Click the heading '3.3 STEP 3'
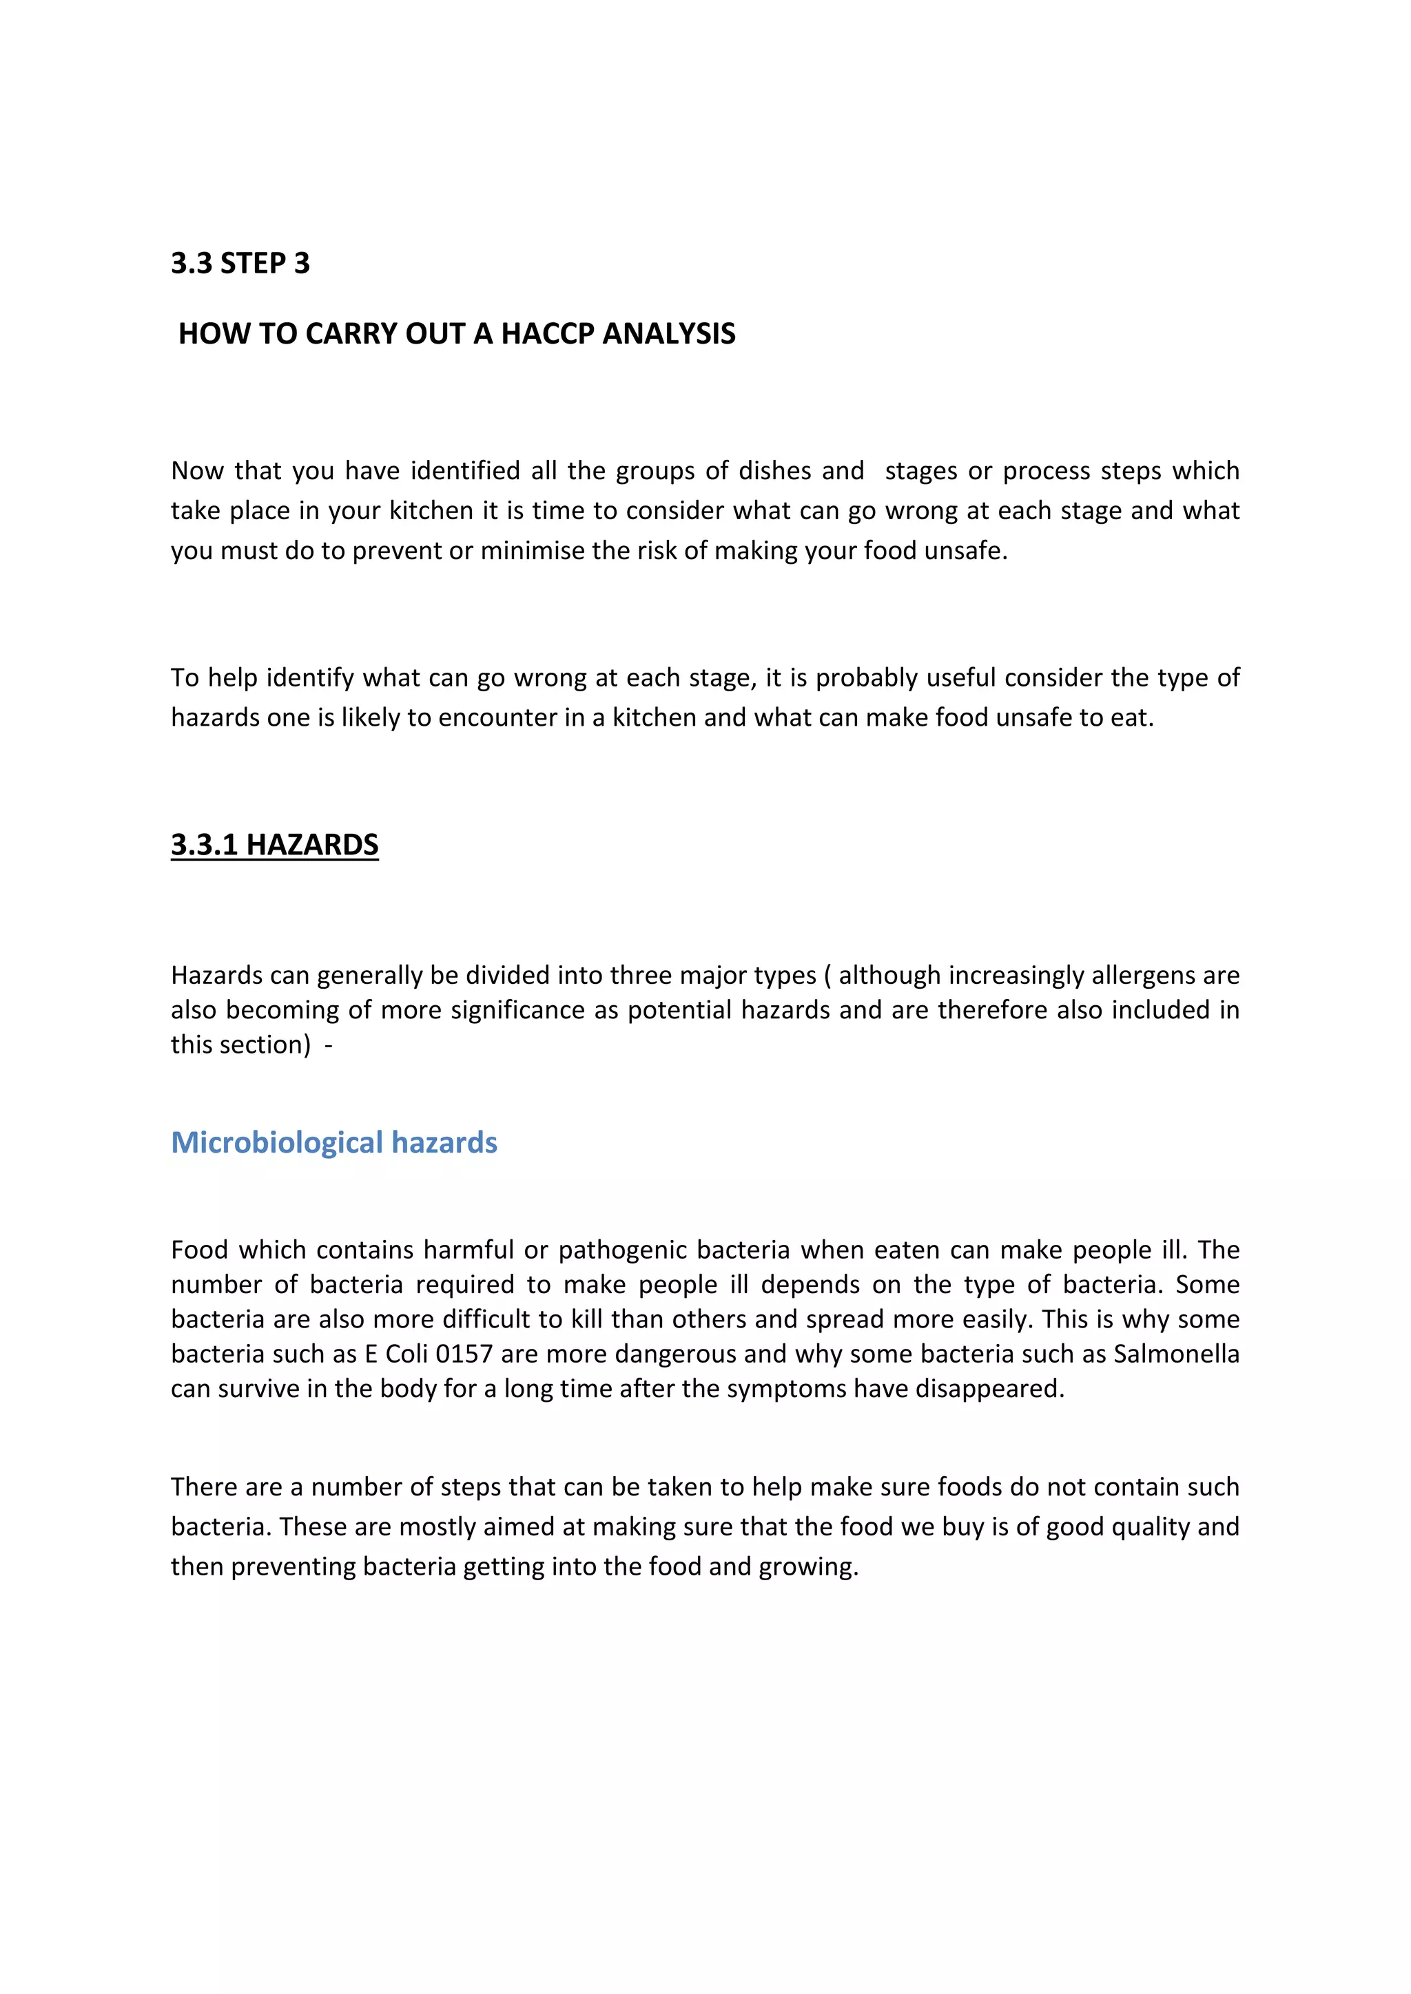(x=240, y=263)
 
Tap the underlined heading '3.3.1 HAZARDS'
(x=275, y=845)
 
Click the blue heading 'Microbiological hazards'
(x=333, y=1143)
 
